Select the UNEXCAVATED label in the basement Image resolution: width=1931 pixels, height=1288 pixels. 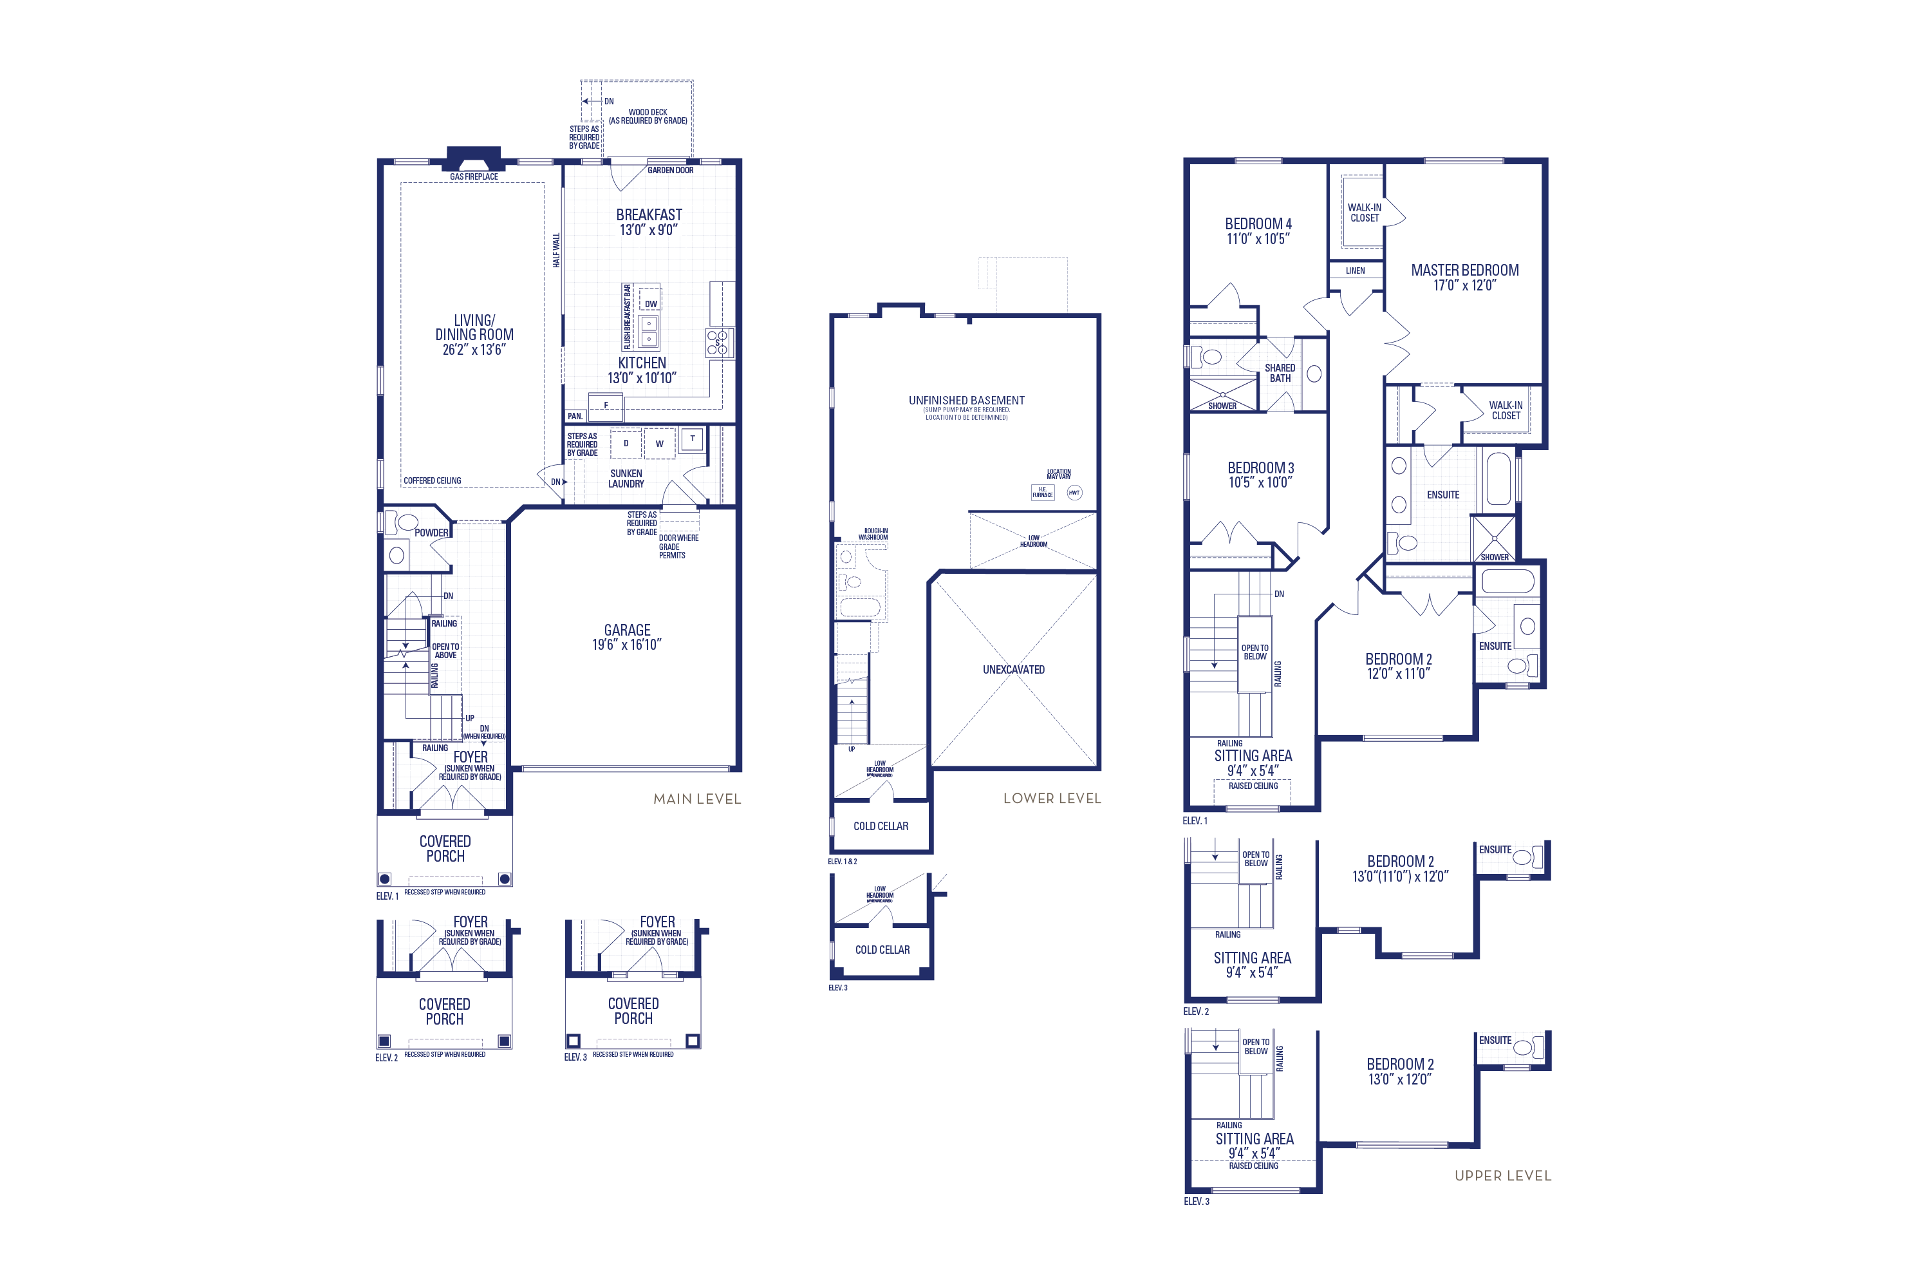click(1013, 670)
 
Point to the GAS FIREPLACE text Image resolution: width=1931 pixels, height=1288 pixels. click(474, 176)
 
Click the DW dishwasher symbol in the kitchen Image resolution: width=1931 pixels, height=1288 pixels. click(650, 304)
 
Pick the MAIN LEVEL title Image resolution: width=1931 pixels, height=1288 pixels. click(696, 799)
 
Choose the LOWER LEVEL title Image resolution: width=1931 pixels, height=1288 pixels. click(1052, 798)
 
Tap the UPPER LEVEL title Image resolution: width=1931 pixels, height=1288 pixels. click(1502, 1175)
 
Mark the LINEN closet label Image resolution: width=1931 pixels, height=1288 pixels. click(1355, 270)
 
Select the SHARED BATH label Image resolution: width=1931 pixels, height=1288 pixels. click(1280, 373)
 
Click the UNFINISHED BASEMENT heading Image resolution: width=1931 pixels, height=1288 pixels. click(966, 401)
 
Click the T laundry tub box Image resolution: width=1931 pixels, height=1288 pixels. click(692, 439)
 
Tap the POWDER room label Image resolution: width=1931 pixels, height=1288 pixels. click(431, 533)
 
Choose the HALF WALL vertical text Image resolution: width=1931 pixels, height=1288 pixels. click(556, 250)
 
